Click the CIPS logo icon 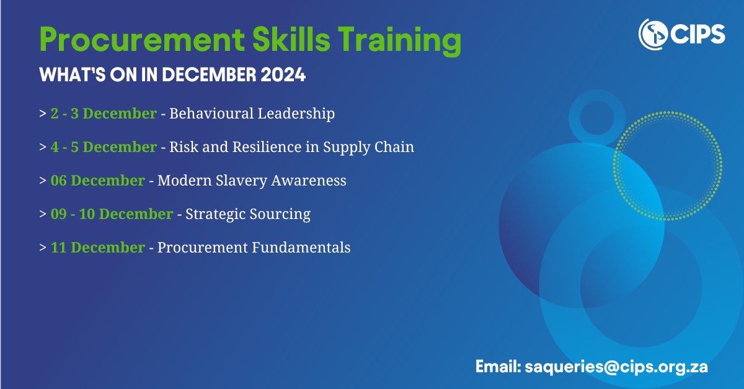pos(653,33)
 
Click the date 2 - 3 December pos(104,114)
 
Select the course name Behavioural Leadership pos(252,114)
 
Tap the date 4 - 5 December pos(104,147)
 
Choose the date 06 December pos(98,181)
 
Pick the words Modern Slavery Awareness pos(252,181)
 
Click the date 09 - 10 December pos(112,214)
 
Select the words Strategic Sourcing pos(248,214)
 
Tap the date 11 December pos(98,248)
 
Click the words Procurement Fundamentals pos(254,248)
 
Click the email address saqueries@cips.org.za pos(616,367)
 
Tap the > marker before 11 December pos(42,248)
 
